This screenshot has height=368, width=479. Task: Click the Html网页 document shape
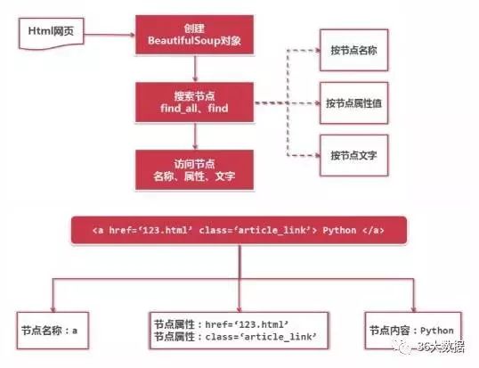pyautogui.click(x=52, y=33)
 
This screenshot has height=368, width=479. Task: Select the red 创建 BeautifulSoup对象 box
pyautogui.click(x=195, y=35)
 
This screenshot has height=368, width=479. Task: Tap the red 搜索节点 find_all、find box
pyautogui.click(x=195, y=102)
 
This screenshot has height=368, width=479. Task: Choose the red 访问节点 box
pyautogui.click(x=195, y=170)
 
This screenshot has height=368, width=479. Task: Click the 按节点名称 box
pyautogui.click(x=354, y=50)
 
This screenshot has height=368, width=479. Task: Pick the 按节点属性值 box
pyautogui.click(x=354, y=103)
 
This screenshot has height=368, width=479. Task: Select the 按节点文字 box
pyautogui.click(x=354, y=155)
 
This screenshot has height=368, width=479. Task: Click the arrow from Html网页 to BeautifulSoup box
pyautogui.click(x=110, y=35)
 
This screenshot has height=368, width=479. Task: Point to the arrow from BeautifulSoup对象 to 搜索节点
pyautogui.click(x=195, y=68)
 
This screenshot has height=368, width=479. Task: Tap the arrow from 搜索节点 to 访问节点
pyautogui.click(x=195, y=135)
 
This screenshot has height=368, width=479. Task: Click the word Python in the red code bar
pyautogui.click(x=339, y=230)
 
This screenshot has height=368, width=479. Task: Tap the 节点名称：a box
pyautogui.click(x=53, y=331)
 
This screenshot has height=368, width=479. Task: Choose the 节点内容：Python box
pyautogui.click(x=413, y=331)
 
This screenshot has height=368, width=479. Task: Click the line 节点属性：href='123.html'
pyautogui.click(x=221, y=324)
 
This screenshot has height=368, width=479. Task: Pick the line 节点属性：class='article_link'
pyautogui.click(x=235, y=337)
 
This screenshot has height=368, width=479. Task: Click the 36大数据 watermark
pyautogui.click(x=430, y=347)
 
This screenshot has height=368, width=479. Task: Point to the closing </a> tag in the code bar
pyautogui.click(x=373, y=230)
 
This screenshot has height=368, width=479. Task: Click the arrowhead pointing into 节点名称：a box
pyautogui.click(x=53, y=309)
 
